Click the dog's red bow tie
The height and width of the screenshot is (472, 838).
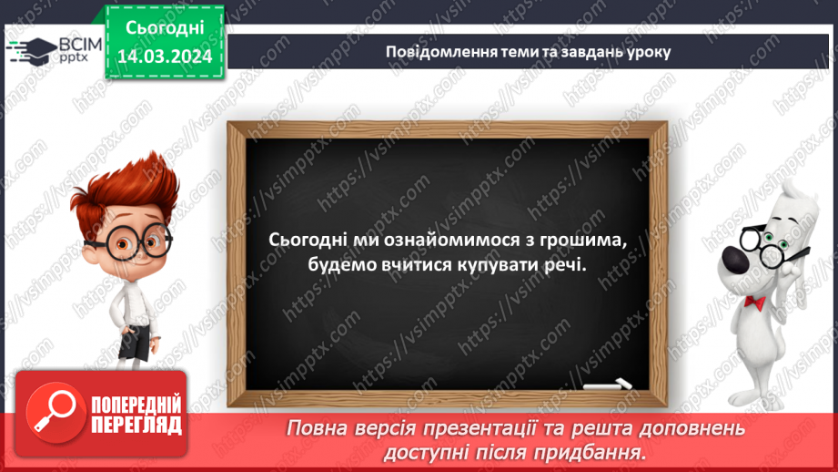[x=753, y=301]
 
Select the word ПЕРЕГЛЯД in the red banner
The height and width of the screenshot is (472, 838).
[x=137, y=425]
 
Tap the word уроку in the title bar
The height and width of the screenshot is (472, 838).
[x=646, y=51]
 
